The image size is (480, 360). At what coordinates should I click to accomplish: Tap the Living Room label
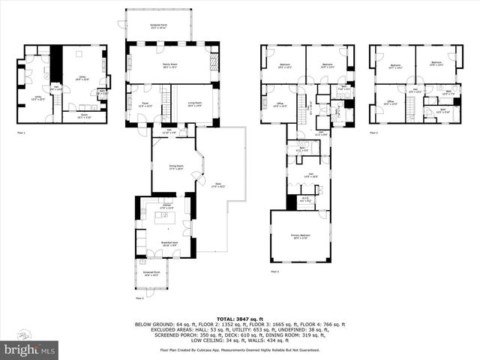click(194, 105)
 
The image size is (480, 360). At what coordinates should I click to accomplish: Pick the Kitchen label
click(167, 205)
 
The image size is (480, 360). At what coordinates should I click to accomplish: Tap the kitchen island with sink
click(165, 217)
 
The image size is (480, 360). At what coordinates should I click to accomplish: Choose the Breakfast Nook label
click(168, 243)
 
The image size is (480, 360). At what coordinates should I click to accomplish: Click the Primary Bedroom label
click(301, 236)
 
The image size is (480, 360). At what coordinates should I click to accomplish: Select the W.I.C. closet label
click(304, 199)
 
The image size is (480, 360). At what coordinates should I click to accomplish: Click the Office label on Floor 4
click(390, 103)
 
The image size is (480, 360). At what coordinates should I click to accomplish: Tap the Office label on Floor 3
click(277, 104)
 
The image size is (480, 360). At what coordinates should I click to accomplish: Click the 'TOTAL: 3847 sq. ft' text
click(239, 318)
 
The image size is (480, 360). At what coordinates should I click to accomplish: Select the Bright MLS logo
click(30, 349)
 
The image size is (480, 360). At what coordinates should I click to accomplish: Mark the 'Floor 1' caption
click(21, 133)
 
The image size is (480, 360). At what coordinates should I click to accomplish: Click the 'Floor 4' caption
click(373, 133)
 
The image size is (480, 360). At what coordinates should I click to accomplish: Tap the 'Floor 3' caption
click(274, 271)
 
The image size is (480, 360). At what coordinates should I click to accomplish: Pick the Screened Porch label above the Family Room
click(159, 26)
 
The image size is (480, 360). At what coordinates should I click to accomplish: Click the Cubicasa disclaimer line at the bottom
click(239, 349)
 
